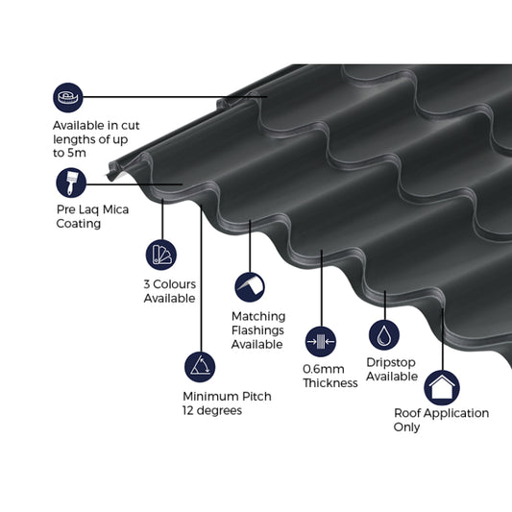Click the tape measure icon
point(68,97)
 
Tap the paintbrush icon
point(70,183)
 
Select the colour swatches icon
point(161,254)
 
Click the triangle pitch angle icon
point(200,366)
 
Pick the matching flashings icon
point(249,286)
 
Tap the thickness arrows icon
point(320,340)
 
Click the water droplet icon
point(384,334)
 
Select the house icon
point(442,387)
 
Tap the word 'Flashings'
point(257,329)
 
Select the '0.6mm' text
point(324,369)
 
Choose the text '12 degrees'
point(211,410)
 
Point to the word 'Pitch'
point(256,396)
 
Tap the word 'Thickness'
point(330,383)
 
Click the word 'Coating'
point(78,224)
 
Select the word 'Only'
point(406,427)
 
